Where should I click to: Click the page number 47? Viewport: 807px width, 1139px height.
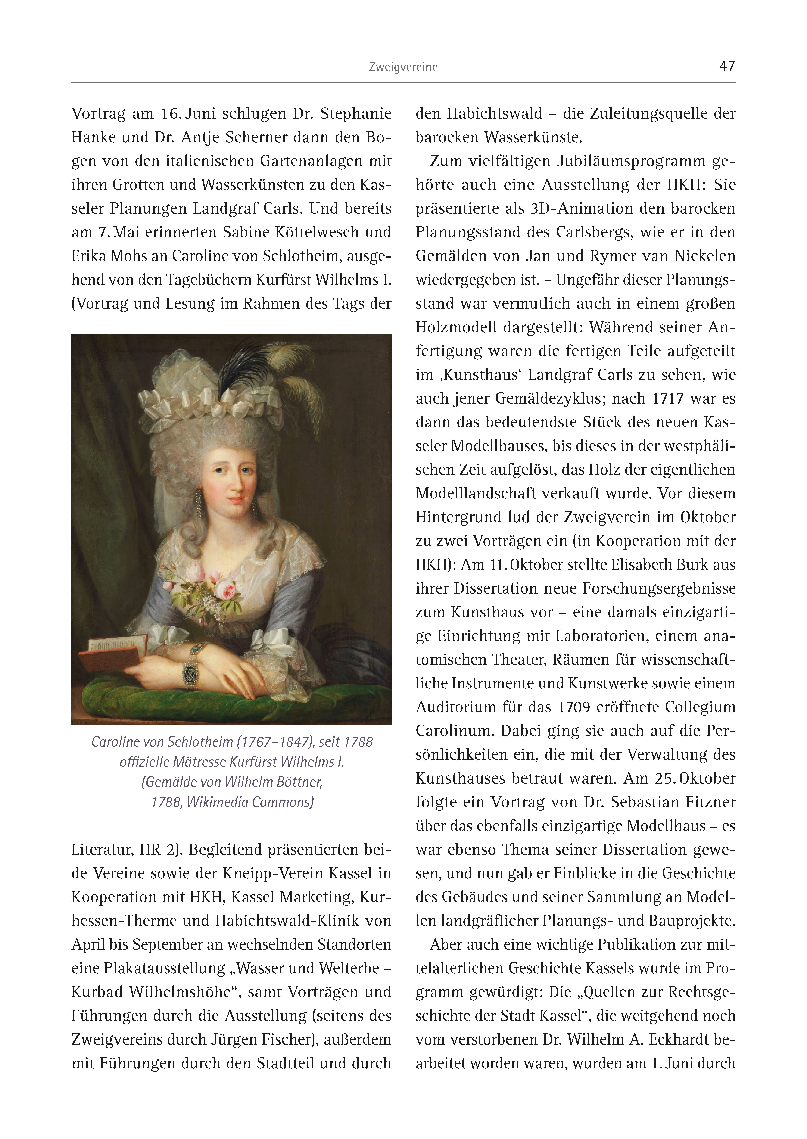(727, 66)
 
